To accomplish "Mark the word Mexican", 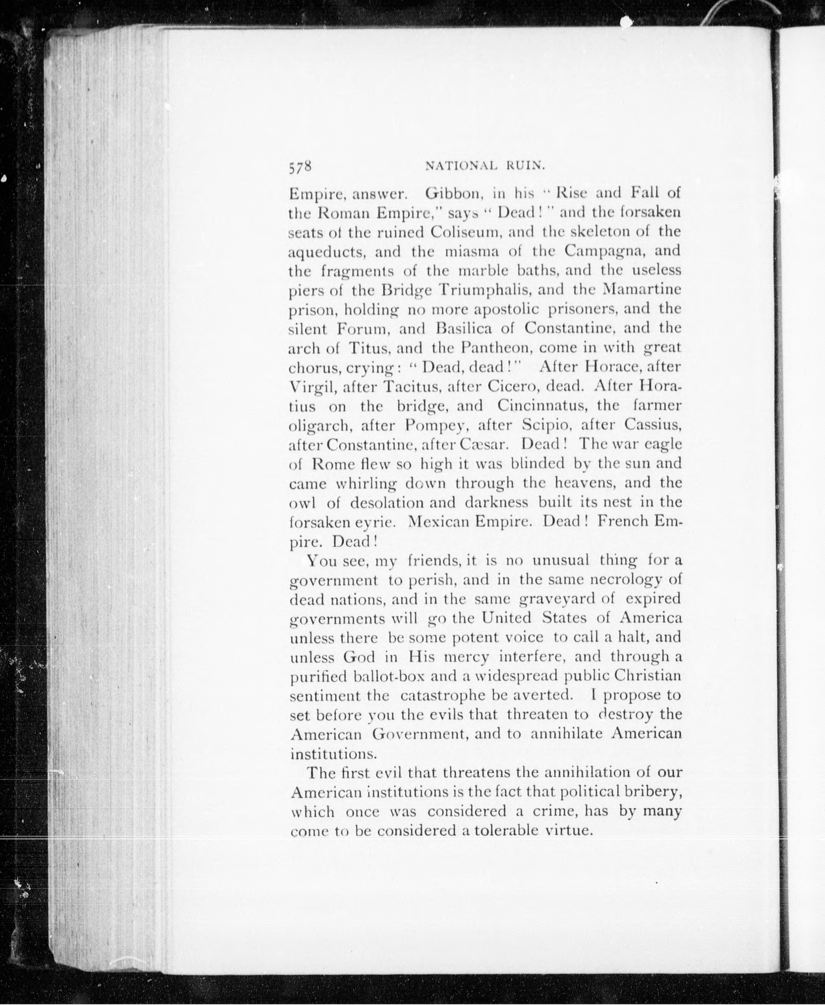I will coord(438,522).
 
